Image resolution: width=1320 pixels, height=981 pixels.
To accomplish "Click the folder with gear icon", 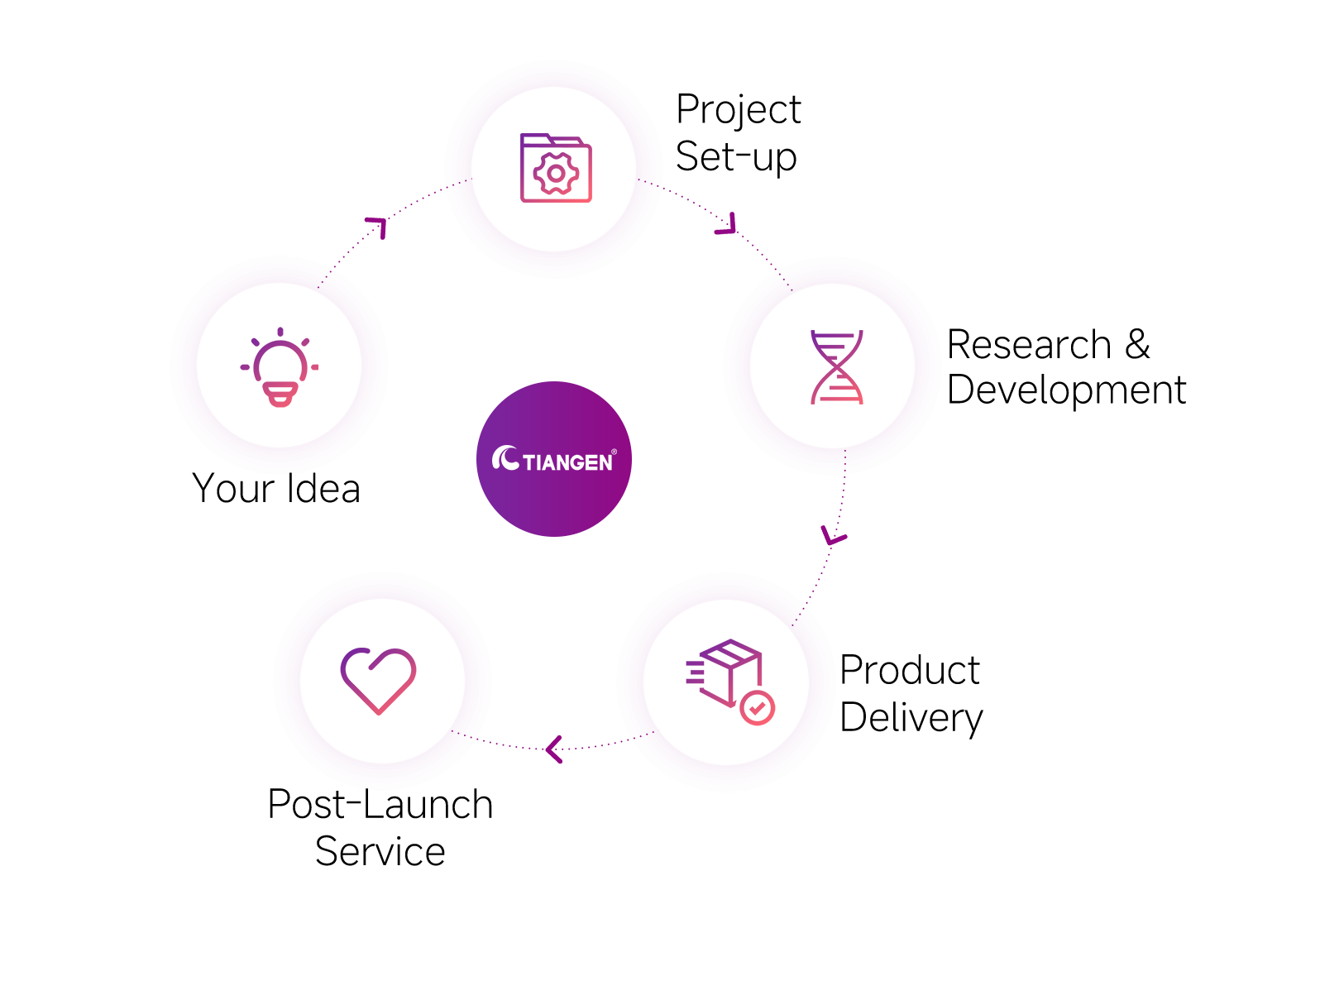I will (555, 168).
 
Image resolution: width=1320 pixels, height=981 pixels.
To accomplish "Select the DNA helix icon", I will (836, 366).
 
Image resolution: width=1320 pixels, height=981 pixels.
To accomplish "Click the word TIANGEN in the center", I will (567, 462).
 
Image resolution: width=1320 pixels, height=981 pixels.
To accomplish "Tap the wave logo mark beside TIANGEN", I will (505, 458).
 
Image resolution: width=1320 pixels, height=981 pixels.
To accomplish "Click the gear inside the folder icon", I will (556, 174).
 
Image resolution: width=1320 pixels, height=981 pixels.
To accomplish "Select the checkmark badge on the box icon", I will (757, 707).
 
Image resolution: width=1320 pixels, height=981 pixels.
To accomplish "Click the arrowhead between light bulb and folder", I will (378, 226).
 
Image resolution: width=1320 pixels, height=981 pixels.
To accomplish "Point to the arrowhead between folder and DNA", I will (728, 226).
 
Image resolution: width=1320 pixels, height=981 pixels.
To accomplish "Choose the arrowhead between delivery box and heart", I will (553, 749).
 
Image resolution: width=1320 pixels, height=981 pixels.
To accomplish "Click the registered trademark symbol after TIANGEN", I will (614, 452).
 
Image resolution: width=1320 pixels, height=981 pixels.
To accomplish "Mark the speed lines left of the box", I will (695, 672).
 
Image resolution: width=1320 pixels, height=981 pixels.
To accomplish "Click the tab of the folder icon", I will (536, 138).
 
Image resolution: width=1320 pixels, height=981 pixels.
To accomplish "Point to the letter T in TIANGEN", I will (529, 463).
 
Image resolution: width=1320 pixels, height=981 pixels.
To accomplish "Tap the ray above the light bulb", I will (280, 332).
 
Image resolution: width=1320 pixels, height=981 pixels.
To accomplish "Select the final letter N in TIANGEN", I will (605, 463).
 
